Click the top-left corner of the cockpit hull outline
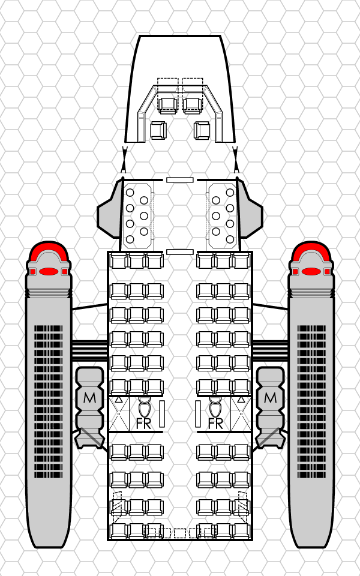pyautogui.click(x=140, y=36)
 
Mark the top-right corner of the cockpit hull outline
pyautogui.click(x=220, y=36)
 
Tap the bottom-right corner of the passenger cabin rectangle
pyautogui.click(x=252, y=539)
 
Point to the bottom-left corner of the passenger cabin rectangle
pyautogui.click(x=108, y=539)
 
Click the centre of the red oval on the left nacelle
pyautogui.click(x=49, y=271)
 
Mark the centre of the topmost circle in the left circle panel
pyautogui.click(x=130, y=193)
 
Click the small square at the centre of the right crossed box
pyautogui.click(x=241, y=413)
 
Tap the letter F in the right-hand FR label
pyautogui.click(x=211, y=424)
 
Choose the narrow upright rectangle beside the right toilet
pyautogui.click(x=198, y=414)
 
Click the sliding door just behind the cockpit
pyautogui.click(x=180, y=180)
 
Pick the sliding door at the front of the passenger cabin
pyautogui.click(x=180, y=252)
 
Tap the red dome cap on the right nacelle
pyautogui.click(x=311, y=252)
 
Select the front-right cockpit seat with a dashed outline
pyautogui.click(x=193, y=106)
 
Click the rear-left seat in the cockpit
pyautogui.click(x=158, y=130)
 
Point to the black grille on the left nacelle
pyautogui.click(x=49, y=401)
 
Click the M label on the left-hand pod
pyautogui.click(x=89, y=397)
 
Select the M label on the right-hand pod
pyautogui.click(x=271, y=397)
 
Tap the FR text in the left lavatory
pyautogui.click(x=143, y=424)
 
